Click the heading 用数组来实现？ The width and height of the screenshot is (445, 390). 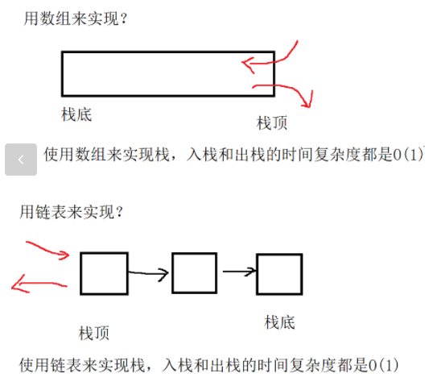click(x=76, y=19)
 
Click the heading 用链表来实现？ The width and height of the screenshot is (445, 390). click(x=72, y=212)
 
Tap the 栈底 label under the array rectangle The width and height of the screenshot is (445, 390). click(x=76, y=114)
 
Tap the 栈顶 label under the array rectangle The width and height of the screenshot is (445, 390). click(x=272, y=122)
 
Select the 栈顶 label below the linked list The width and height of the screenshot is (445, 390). click(x=94, y=333)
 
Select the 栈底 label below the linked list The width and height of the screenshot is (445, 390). click(x=279, y=322)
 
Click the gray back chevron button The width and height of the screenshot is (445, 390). click(x=21, y=160)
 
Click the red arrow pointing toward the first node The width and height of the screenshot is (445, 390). click(x=47, y=250)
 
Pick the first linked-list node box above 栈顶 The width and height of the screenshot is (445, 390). click(x=104, y=273)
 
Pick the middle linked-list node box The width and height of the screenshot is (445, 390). click(x=195, y=273)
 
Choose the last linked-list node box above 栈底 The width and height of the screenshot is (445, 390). click(x=279, y=274)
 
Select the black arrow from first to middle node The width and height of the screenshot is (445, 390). click(x=148, y=273)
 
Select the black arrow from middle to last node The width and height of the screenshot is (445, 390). click(x=240, y=272)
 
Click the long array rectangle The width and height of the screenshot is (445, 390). click(x=168, y=52)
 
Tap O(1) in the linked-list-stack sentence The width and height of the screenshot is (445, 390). click(x=383, y=366)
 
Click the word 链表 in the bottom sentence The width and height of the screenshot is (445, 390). click(x=66, y=366)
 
